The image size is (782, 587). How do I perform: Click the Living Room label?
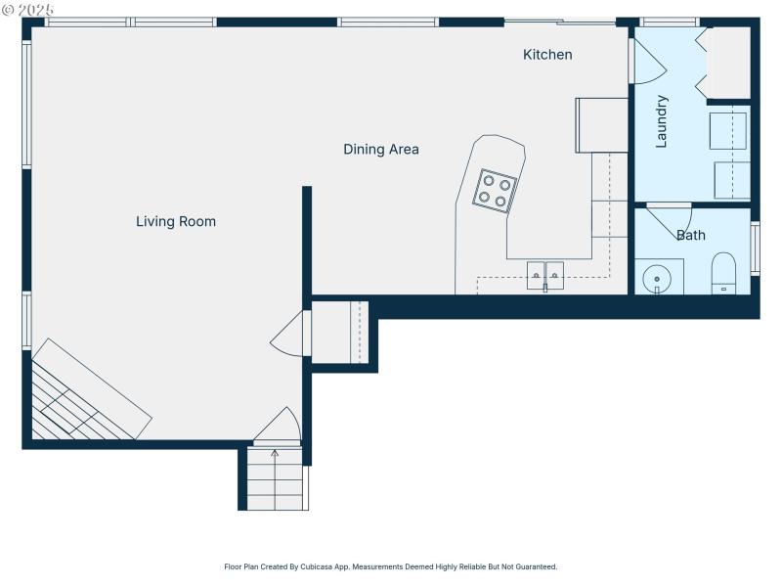coord(176,222)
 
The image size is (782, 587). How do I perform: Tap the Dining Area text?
coord(381,150)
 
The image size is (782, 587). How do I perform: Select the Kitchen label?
coord(547,55)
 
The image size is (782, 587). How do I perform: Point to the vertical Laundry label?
coord(662,120)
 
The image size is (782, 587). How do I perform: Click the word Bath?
coord(691,236)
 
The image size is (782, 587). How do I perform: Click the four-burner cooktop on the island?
coord(495,191)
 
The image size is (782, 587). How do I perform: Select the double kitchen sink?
coord(545,275)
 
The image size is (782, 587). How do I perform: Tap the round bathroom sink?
coord(657,278)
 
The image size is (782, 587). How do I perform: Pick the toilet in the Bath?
coord(723,272)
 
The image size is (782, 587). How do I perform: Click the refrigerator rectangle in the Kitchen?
coord(602,125)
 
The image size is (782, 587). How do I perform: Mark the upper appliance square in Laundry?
coord(727,130)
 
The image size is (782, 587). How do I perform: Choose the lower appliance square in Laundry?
coord(731,180)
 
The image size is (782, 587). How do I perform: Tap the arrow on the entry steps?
coord(274,454)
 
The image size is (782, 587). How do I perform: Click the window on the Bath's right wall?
coord(755,248)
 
